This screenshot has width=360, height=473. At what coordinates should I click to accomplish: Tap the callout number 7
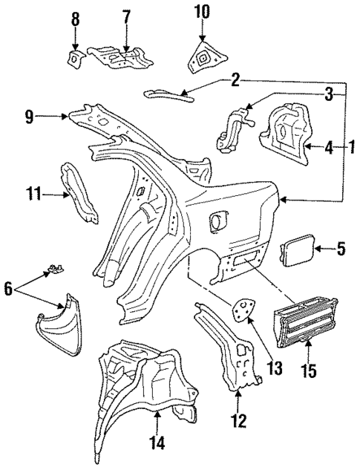coord(126,16)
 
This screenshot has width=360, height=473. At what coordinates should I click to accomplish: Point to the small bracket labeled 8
coord(75,58)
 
